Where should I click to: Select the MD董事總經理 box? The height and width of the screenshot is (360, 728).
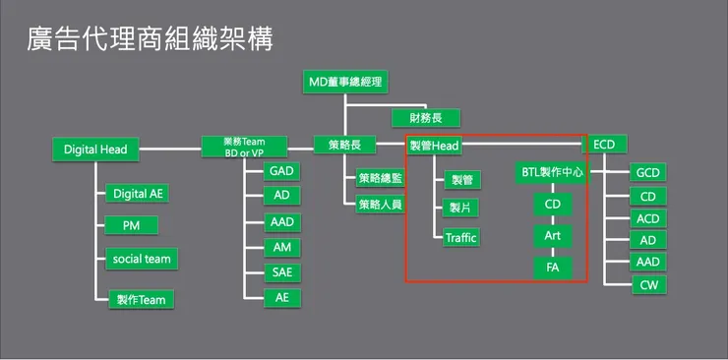[x=344, y=82]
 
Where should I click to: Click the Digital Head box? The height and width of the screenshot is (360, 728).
[x=94, y=150]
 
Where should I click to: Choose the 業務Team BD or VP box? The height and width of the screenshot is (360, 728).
[x=245, y=148]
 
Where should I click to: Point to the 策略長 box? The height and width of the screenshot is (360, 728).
[x=344, y=146]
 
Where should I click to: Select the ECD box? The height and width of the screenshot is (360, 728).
[x=605, y=145]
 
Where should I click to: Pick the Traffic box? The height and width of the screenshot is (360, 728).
[x=460, y=237]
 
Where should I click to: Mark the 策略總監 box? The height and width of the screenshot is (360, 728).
[x=380, y=178]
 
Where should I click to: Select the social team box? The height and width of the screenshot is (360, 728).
[x=142, y=259]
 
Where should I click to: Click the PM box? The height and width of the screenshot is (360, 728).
[x=133, y=226]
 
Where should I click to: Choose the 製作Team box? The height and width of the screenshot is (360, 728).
[x=142, y=299]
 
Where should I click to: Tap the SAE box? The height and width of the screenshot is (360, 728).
[x=282, y=272]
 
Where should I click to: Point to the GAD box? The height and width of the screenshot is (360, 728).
[x=282, y=171]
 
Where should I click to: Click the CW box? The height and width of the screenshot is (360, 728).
[x=647, y=285]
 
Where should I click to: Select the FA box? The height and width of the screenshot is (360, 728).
[x=552, y=267]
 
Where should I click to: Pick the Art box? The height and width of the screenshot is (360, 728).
[x=552, y=236]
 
